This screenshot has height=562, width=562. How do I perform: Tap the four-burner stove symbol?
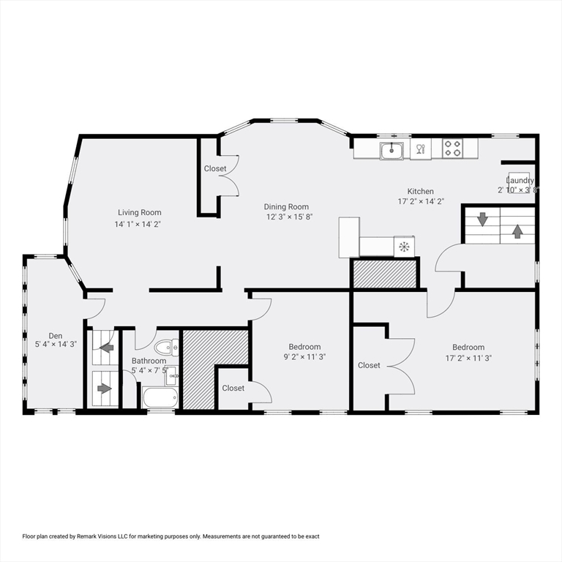click(452, 149)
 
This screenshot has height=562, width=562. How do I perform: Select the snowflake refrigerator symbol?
click(403, 247)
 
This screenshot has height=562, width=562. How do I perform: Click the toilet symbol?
click(167, 348)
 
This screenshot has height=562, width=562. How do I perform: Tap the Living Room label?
click(137, 213)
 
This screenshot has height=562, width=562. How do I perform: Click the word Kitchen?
click(421, 192)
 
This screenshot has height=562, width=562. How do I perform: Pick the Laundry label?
click(520, 181)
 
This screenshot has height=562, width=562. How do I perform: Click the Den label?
click(56, 336)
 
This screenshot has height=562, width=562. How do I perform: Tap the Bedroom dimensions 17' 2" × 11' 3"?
click(468, 358)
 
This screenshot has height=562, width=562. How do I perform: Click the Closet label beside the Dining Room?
click(215, 169)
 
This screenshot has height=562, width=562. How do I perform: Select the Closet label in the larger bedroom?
click(369, 365)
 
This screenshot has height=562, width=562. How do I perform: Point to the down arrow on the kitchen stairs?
click(482, 219)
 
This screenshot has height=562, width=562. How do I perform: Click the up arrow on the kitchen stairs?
click(517, 231)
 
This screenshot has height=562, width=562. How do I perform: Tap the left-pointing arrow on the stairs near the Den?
click(107, 348)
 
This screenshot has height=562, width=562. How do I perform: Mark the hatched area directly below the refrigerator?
click(384, 274)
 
